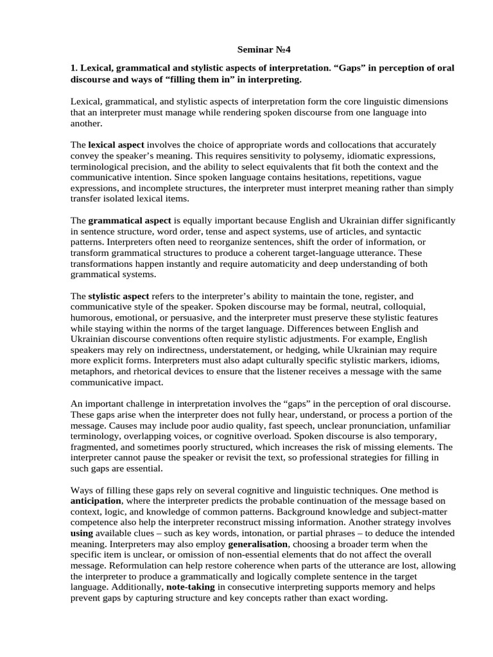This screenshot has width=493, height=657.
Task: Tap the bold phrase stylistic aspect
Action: point(118,296)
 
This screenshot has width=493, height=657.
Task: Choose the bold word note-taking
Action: point(191,587)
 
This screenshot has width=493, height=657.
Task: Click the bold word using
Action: point(81,533)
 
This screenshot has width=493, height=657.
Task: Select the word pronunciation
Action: point(345,426)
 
